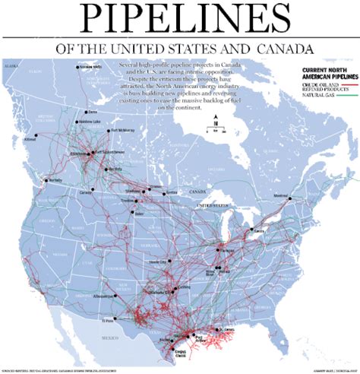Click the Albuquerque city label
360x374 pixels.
[x=103, y=293]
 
